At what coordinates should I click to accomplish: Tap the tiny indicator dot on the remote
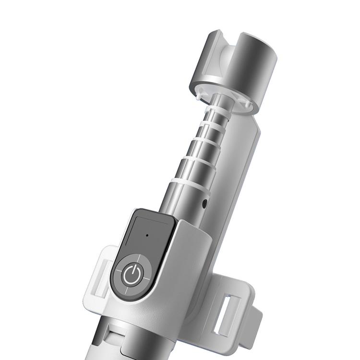[146, 236]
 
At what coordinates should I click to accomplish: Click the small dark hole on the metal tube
[205, 203]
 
